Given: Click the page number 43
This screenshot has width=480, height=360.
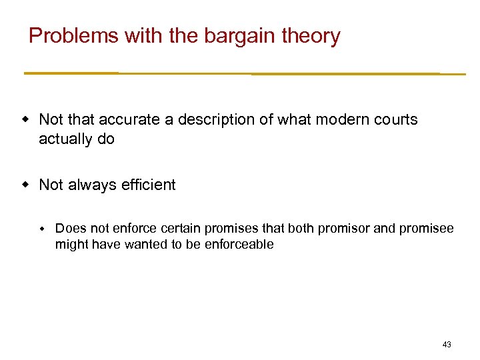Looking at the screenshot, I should click(446, 345).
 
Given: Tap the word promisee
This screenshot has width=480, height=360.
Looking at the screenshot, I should click(425, 229).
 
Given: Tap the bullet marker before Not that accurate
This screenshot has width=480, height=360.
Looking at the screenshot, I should click(25, 120).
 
